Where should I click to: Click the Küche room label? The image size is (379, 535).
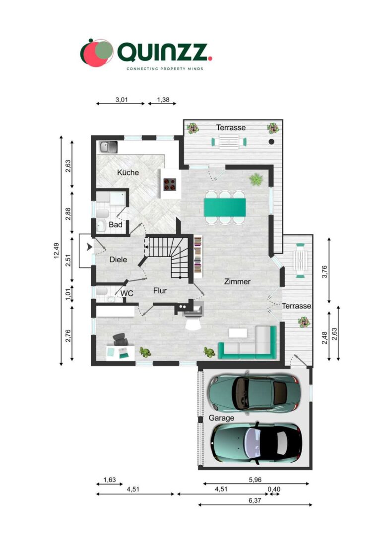pos(127,173)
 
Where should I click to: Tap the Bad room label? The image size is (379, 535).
pos(116,225)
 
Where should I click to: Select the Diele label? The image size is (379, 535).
pos(118,260)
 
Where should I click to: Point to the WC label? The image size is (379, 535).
pos(127,294)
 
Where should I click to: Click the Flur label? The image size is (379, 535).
pos(160,291)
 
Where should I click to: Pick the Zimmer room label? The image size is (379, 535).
pos(237,281)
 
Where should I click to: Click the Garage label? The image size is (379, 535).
pos(221,418)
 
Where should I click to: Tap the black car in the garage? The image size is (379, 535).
pos(256,441)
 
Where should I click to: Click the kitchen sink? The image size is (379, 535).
pos(108,147)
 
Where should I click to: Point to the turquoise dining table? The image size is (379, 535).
pos(225,207)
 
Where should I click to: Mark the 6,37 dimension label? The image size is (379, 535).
pos(254,500)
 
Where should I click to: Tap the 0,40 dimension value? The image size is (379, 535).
pos(274,489)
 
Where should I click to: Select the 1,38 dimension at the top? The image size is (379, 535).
pos(163,100)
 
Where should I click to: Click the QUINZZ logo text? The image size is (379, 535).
pos(164,52)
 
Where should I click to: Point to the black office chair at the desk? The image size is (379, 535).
pos(120,339)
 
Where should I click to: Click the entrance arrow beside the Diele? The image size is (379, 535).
pos(89,246)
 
